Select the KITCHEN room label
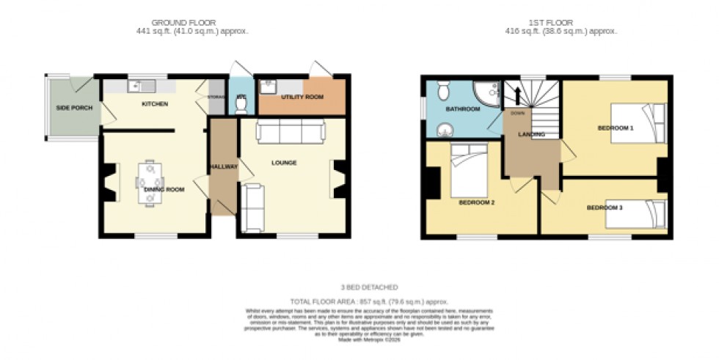(155, 104)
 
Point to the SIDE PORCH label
(72, 109)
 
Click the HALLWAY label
(223, 167)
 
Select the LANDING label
(531, 134)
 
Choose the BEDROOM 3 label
(605, 207)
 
